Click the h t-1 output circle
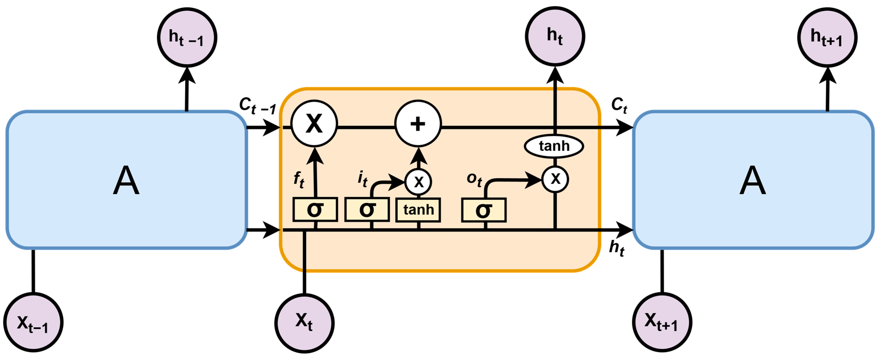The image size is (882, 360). (x=187, y=38)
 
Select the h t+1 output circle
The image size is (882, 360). (x=827, y=38)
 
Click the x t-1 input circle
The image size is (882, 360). (x=33, y=322)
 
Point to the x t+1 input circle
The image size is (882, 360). (x=662, y=322)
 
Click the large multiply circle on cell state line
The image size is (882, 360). (x=314, y=124)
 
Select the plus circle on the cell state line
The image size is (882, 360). (x=418, y=124)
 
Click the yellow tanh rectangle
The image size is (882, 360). (x=418, y=210)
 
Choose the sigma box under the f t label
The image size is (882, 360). (x=315, y=209)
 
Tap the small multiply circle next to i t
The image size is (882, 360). (x=418, y=182)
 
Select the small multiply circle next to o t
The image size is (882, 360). (x=555, y=179)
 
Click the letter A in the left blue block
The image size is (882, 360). (x=126, y=180)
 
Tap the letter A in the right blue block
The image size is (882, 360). (x=753, y=180)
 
